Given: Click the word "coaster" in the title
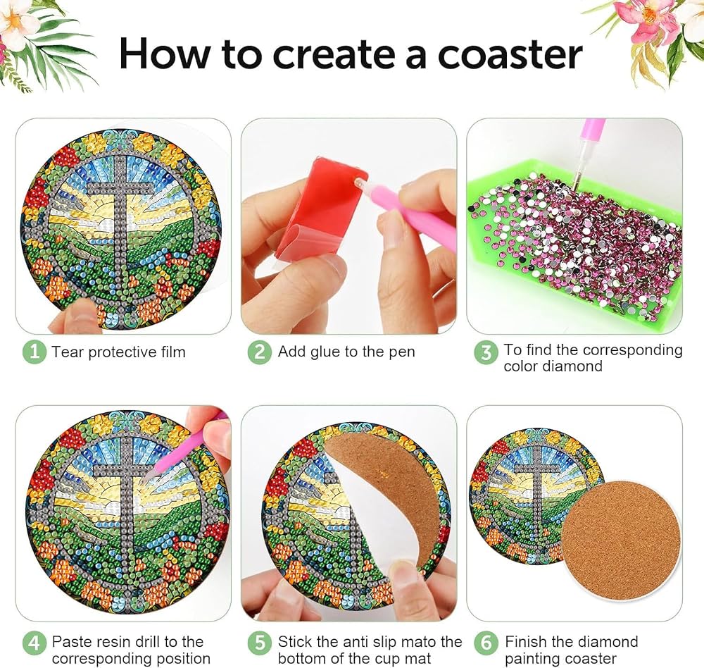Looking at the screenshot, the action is tap(510, 55).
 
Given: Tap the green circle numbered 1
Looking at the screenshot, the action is tap(34, 352).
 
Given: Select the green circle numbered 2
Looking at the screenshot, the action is tap(260, 352).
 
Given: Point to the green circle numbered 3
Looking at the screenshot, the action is tap(486, 352).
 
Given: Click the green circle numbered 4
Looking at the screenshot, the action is tap(34, 643).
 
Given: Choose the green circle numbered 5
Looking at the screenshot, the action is tap(260, 643).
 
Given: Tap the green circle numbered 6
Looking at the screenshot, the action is tap(486, 643).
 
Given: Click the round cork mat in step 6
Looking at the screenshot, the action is tap(622, 541).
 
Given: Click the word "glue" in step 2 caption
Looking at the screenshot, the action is tap(325, 352).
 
